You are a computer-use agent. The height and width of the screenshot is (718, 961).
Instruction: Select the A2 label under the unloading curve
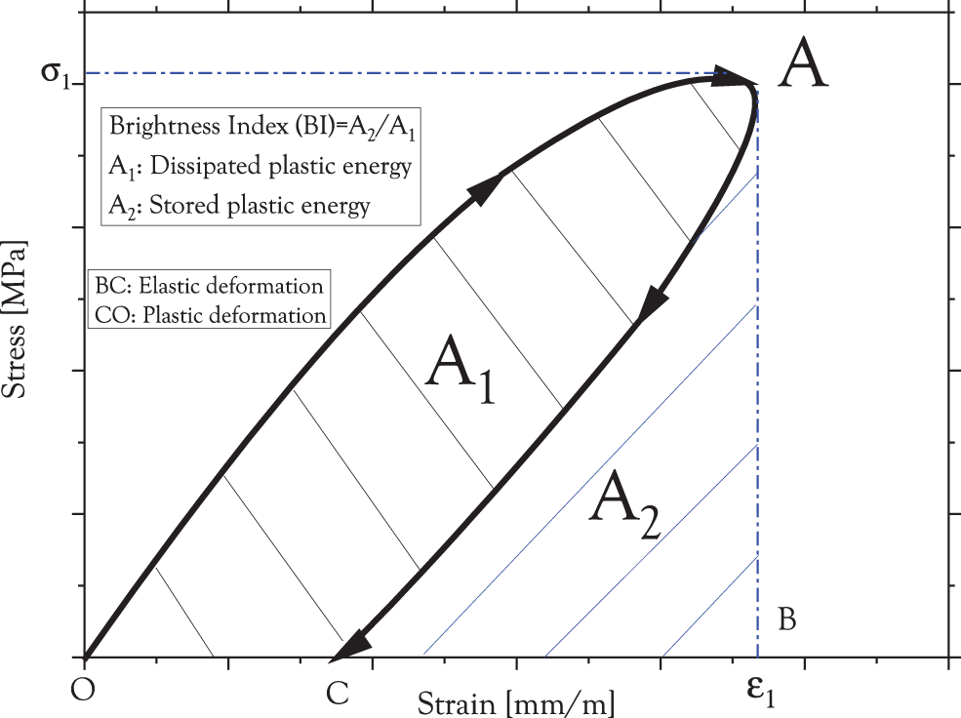coord(628,504)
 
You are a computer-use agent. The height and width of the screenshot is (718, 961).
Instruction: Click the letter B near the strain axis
coord(789,619)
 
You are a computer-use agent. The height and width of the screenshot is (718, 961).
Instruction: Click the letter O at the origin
coord(85,690)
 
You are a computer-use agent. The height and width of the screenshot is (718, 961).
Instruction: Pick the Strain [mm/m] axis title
coord(517,701)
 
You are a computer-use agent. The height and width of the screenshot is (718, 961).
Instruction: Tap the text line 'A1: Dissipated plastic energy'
coord(260,167)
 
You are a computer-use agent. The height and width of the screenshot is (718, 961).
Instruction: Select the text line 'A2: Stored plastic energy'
coord(240,205)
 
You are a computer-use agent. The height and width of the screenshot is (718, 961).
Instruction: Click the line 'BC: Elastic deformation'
coord(209,287)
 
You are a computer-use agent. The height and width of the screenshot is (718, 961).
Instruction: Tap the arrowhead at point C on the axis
coord(350,645)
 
